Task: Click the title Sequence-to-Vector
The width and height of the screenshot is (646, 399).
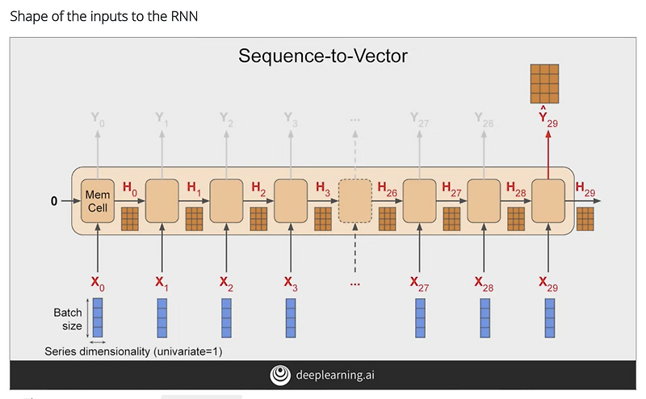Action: [x=323, y=57]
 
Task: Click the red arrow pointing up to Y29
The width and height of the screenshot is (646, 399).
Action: [x=549, y=153]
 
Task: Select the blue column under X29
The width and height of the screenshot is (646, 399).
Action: [x=549, y=317]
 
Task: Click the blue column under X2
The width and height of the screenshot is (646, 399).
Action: [x=227, y=317]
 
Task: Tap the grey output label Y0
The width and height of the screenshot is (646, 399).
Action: [x=98, y=119]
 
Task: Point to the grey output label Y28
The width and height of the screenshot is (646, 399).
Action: [x=484, y=119]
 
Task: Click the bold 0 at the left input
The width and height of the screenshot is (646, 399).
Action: [x=54, y=201]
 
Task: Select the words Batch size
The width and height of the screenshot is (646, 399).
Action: [x=68, y=318]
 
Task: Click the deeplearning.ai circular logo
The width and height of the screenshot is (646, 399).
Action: [x=280, y=375]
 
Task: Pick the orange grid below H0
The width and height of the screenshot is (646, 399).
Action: [x=130, y=219]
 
